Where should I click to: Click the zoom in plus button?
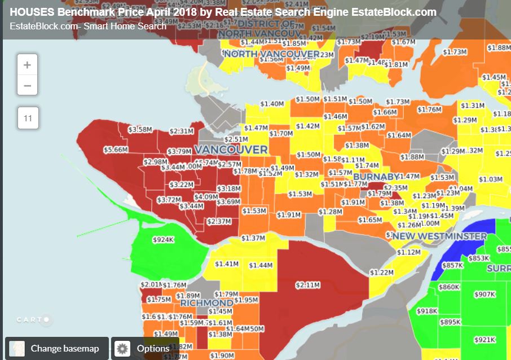[27, 65]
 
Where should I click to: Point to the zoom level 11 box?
[28, 118]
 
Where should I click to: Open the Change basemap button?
[56, 348]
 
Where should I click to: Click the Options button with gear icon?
[144, 348]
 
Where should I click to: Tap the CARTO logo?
[34, 320]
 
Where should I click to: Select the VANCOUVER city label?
[231, 150]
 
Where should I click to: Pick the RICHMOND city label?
[206, 303]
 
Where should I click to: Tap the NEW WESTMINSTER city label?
[440, 236]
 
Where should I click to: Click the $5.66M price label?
[116, 150]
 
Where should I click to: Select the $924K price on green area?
[163, 240]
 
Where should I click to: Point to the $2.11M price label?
[307, 285]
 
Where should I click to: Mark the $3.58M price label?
[140, 129]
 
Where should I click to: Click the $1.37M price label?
[253, 238]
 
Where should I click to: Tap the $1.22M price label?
[381, 273]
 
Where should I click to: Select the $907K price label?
[484, 294]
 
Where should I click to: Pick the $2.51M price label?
[236, 139]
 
